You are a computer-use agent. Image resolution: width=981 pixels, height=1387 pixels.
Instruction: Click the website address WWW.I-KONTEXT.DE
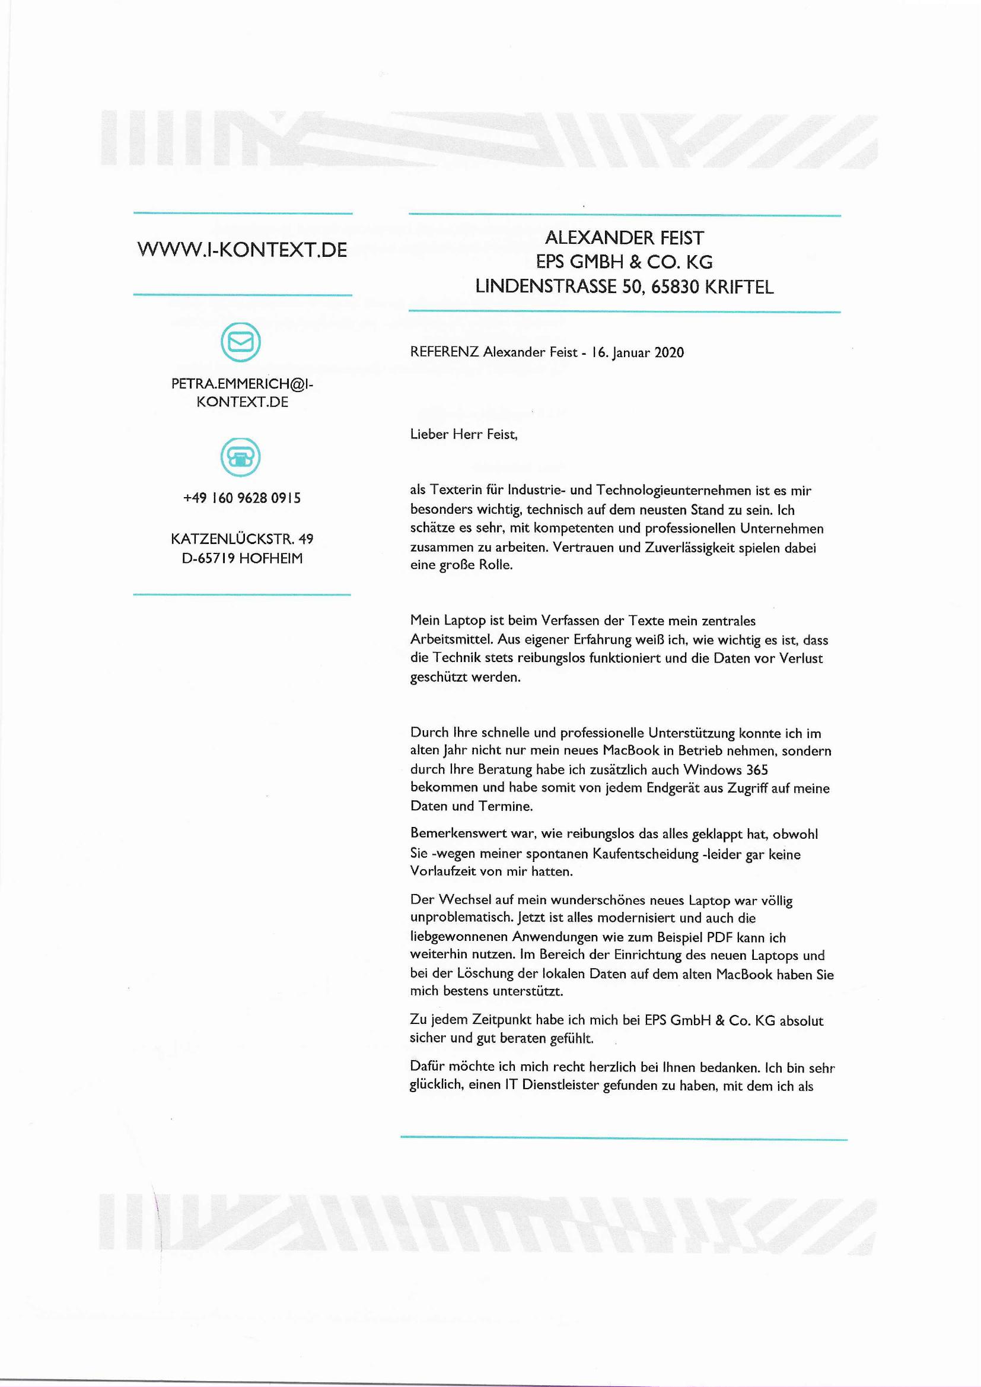click(x=242, y=250)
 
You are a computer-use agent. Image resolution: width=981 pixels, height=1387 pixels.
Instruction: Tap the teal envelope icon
click(x=240, y=342)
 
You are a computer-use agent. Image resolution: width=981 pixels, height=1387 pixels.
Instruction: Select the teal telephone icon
click(x=240, y=457)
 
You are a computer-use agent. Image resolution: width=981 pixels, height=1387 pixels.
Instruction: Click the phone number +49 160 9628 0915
click(x=241, y=498)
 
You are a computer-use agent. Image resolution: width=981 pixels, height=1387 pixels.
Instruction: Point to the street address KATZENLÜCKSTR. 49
click(x=241, y=539)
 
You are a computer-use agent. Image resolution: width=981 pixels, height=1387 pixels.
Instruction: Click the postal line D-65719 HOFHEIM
click(x=241, y=559)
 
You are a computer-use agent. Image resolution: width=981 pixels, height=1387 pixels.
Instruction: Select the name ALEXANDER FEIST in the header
click(x=625, y=238)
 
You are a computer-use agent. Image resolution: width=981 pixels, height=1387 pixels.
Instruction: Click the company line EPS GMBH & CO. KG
click(x=625, y=262)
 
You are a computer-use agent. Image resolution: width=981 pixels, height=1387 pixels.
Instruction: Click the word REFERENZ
click(x=444, y=352)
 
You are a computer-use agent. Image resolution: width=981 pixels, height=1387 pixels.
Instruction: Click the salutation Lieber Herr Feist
click(x=464, y=434)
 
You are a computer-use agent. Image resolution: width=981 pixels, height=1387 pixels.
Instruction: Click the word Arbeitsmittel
click(x=450, y=640)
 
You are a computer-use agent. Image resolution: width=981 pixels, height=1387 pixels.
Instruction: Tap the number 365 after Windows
click(x=757, y=770)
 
